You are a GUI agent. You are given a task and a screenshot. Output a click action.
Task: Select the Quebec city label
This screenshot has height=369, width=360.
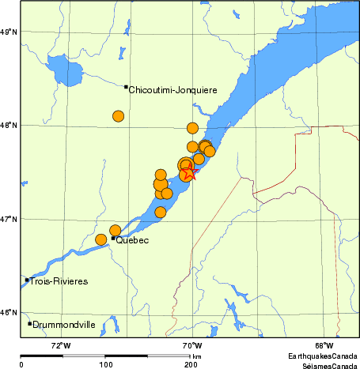(x=132, y=240)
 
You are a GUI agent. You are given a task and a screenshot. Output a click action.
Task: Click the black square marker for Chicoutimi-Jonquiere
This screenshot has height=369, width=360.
(x=126, y=87)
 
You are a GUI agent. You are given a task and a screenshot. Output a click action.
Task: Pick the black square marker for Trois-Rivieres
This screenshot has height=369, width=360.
(x=27, y=280)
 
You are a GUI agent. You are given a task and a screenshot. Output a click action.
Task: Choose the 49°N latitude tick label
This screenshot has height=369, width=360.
(x=9, y=32)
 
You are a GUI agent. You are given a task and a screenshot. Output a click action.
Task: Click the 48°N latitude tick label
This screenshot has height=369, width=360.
(x=9, y=125)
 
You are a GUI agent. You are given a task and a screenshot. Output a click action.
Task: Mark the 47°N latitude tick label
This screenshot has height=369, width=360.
(x=9, y=219)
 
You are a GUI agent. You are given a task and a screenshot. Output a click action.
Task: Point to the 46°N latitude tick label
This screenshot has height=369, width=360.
(x=9, y=312)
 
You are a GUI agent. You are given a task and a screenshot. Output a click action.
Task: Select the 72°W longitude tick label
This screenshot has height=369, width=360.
(x=60, y=345)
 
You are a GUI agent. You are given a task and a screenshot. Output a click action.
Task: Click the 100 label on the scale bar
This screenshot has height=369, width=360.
(x=105, y=365)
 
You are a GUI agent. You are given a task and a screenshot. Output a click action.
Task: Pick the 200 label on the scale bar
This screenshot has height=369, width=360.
(x=190, y=365)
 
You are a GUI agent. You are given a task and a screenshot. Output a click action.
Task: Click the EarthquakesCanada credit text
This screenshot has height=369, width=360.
(x=320, y=356)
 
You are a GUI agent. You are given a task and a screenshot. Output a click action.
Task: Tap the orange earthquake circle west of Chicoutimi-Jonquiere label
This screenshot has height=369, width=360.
(x=118, y=116)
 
